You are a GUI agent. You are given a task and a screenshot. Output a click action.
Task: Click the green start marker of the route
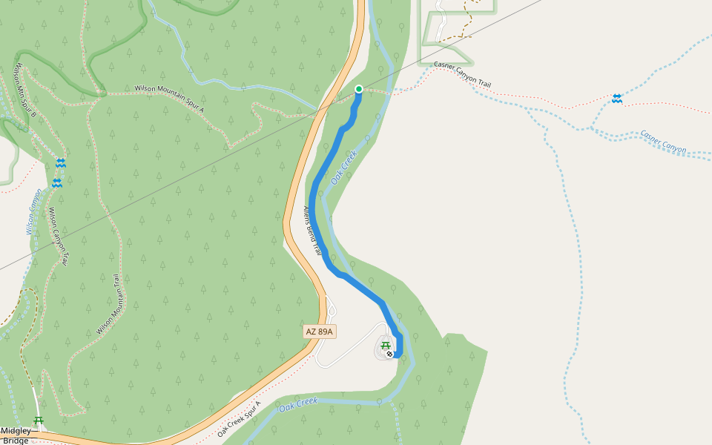coord(359,89)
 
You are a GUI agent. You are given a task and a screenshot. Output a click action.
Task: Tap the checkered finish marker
coord(389,354)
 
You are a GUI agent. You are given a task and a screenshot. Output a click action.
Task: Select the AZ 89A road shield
coord(319,332)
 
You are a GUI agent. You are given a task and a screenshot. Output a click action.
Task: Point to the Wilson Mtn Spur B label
coord(22,92)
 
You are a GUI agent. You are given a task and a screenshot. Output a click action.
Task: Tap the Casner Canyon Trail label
coord(462,75)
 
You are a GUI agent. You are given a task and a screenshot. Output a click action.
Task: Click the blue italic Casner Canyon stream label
coord(663,142)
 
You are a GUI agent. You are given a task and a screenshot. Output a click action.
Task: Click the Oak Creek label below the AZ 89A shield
coord(298,405)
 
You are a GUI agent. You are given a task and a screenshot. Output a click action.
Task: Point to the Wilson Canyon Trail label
coord(59,236)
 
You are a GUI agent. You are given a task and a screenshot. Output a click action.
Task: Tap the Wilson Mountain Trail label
coord(109,304)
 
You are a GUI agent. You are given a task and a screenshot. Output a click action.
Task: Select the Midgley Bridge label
coord(15,435)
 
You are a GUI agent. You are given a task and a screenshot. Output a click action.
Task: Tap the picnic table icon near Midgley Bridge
coord(39,421)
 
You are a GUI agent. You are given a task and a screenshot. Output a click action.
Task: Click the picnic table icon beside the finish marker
coord(385,345)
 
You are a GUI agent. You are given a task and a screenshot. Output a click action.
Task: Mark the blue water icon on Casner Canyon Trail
coord(616,99)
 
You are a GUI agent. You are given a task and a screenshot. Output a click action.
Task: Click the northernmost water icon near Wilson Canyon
coord(61,162)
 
